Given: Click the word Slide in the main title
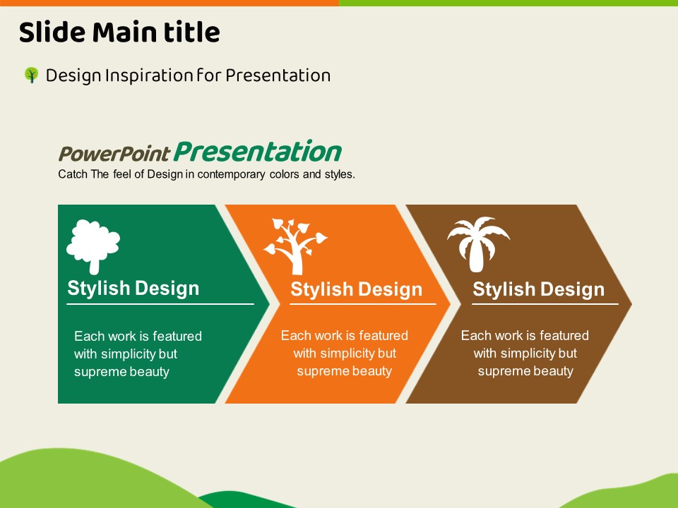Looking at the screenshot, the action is (x=52, y=32).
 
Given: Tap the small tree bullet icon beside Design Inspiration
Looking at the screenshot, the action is (x=31, y=75).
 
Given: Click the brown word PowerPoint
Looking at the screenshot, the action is (x=114, y=153).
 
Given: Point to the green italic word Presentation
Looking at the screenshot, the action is (x=258, y=151).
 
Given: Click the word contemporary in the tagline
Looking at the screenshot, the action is (x=231, y=174).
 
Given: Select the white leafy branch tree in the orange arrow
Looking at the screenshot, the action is (x=296, y=247).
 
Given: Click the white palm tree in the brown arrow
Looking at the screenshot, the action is (x=478, y=244).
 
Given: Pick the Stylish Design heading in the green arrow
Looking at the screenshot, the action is (x=133, y=288).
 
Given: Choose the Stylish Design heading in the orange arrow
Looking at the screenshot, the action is (x=356, y=289).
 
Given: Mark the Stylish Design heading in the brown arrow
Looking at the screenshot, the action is (x=538, y=289).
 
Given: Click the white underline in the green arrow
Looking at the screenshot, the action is (x=160, y=304).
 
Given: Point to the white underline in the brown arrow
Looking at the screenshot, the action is (x=545, y=304).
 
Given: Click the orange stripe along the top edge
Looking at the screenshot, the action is (x=169, y=3).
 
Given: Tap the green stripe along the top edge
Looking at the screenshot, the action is (x=509, y=3).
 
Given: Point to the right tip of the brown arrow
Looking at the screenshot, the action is (x=631, y=304).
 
